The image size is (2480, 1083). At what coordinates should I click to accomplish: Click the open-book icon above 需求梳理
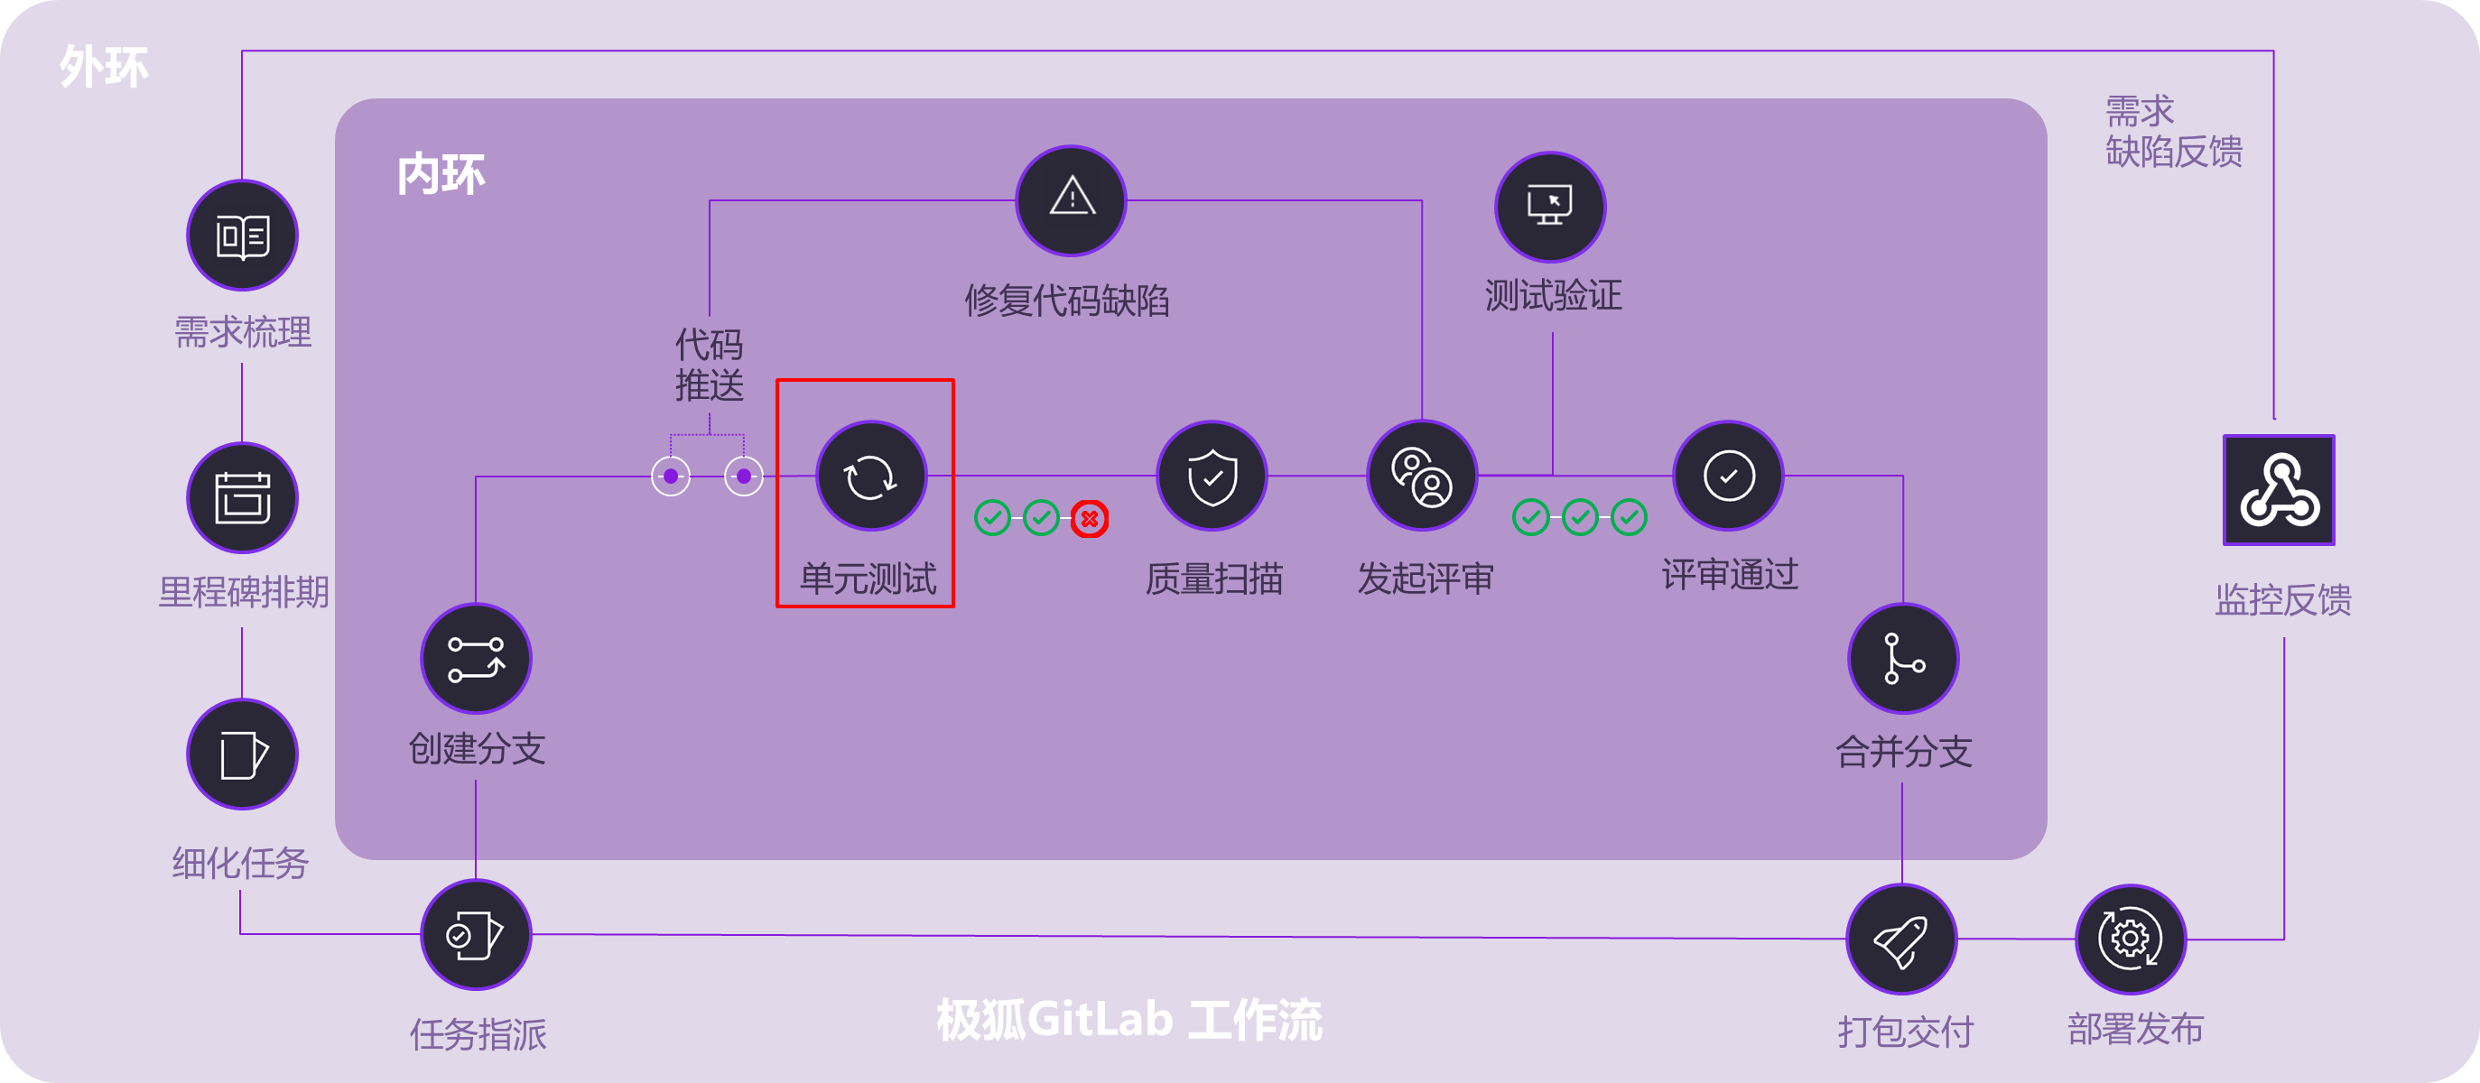click(x=242, y=235)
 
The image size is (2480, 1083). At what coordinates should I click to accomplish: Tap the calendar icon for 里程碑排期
click(x=242, y=497)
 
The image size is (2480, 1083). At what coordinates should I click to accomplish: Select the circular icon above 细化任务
click(x=242, y=754)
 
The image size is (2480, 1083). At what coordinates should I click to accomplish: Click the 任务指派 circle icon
click(x=476, y=934)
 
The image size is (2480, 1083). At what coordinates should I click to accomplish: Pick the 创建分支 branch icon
click(x=476, y=659)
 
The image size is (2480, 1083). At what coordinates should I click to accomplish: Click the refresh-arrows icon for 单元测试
click(x=870, y=476)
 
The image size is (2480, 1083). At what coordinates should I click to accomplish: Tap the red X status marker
click(x=1089, y=519)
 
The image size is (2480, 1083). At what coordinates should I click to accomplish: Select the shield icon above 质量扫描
click(x=1212, y=476)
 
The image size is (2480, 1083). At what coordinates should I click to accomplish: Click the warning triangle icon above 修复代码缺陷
click(x=1072, y=200)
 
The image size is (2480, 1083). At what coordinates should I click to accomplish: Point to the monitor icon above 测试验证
click(x=1549, y=206)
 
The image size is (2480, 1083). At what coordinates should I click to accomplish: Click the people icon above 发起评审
click(x=1422, y=476)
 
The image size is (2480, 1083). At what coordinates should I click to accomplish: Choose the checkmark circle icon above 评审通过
click(x=1728, y=476)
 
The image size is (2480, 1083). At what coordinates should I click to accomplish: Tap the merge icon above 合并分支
click(x=1902, y=659)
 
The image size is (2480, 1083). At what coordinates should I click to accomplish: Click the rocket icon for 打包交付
click(x=1900, y=939)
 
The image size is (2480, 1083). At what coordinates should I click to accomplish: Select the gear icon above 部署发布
click(x=2130, y=939)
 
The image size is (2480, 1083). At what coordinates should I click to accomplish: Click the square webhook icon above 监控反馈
click(x=2278, y=490)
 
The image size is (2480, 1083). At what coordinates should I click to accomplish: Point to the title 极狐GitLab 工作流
click(x=1129, y=1021)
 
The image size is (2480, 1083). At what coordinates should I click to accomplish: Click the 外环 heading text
click(x=104, y=68)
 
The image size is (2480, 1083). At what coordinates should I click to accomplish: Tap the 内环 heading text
click(x=441, y=175)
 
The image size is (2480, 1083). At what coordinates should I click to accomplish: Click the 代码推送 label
click(x=709, y=365)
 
